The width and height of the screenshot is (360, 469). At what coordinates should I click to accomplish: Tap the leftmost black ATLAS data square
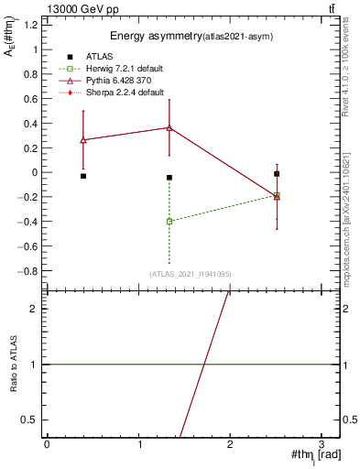(83, 176)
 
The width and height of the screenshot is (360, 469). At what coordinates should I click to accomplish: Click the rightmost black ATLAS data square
(277, 173)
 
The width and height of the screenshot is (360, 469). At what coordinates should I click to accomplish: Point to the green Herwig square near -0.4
(169, 222)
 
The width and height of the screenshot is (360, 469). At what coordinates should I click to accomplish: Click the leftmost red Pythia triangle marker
(83, 140)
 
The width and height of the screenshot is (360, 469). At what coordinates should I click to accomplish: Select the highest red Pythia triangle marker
(169, 127)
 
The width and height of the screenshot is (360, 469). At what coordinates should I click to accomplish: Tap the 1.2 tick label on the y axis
(31, 24)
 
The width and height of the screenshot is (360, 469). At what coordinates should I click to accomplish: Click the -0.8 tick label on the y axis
(29, 271)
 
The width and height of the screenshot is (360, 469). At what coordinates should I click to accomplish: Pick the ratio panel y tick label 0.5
(31, 420)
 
